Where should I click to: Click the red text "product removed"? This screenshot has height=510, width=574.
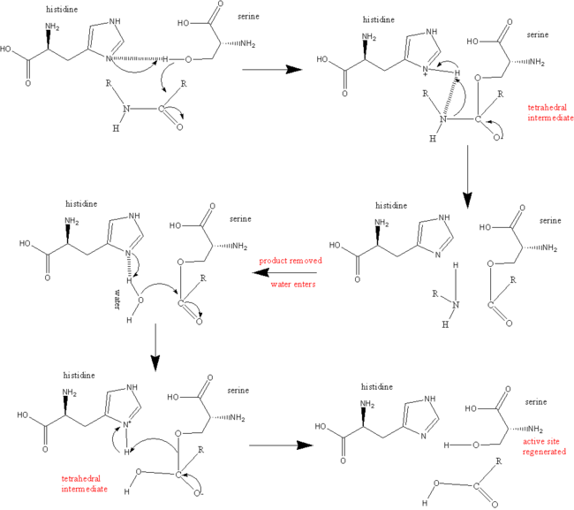(291, 261)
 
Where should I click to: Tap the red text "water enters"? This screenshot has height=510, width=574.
(293, 285)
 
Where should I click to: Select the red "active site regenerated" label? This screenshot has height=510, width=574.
(544, 446)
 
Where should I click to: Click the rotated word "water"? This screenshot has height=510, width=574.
(117, 300)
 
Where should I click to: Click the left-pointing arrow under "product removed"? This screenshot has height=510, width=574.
(284, 272)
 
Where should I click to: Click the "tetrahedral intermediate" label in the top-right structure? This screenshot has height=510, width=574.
(550, 113)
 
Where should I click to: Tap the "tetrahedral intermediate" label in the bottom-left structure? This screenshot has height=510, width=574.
(84, 483)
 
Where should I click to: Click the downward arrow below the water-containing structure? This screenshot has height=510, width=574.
(155, 347)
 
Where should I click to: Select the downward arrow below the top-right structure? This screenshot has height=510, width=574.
(467, 177)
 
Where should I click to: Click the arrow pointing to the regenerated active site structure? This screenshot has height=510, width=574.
(281, 445)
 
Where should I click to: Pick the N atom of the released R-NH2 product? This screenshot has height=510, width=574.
(456, 305)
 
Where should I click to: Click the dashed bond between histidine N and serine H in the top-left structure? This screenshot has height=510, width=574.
(136, 58)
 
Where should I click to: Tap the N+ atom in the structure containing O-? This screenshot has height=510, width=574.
(127, 424)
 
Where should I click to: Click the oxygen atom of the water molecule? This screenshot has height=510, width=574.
(140, 301)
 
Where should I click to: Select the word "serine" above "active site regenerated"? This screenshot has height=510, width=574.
(536, 402)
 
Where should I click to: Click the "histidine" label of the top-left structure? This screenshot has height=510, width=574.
(62, 10)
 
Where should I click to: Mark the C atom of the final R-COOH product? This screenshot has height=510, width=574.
(476, 486)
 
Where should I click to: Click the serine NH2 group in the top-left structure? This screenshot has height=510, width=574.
(248, 44)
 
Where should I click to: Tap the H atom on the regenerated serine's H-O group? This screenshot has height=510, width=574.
(446, 445)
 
